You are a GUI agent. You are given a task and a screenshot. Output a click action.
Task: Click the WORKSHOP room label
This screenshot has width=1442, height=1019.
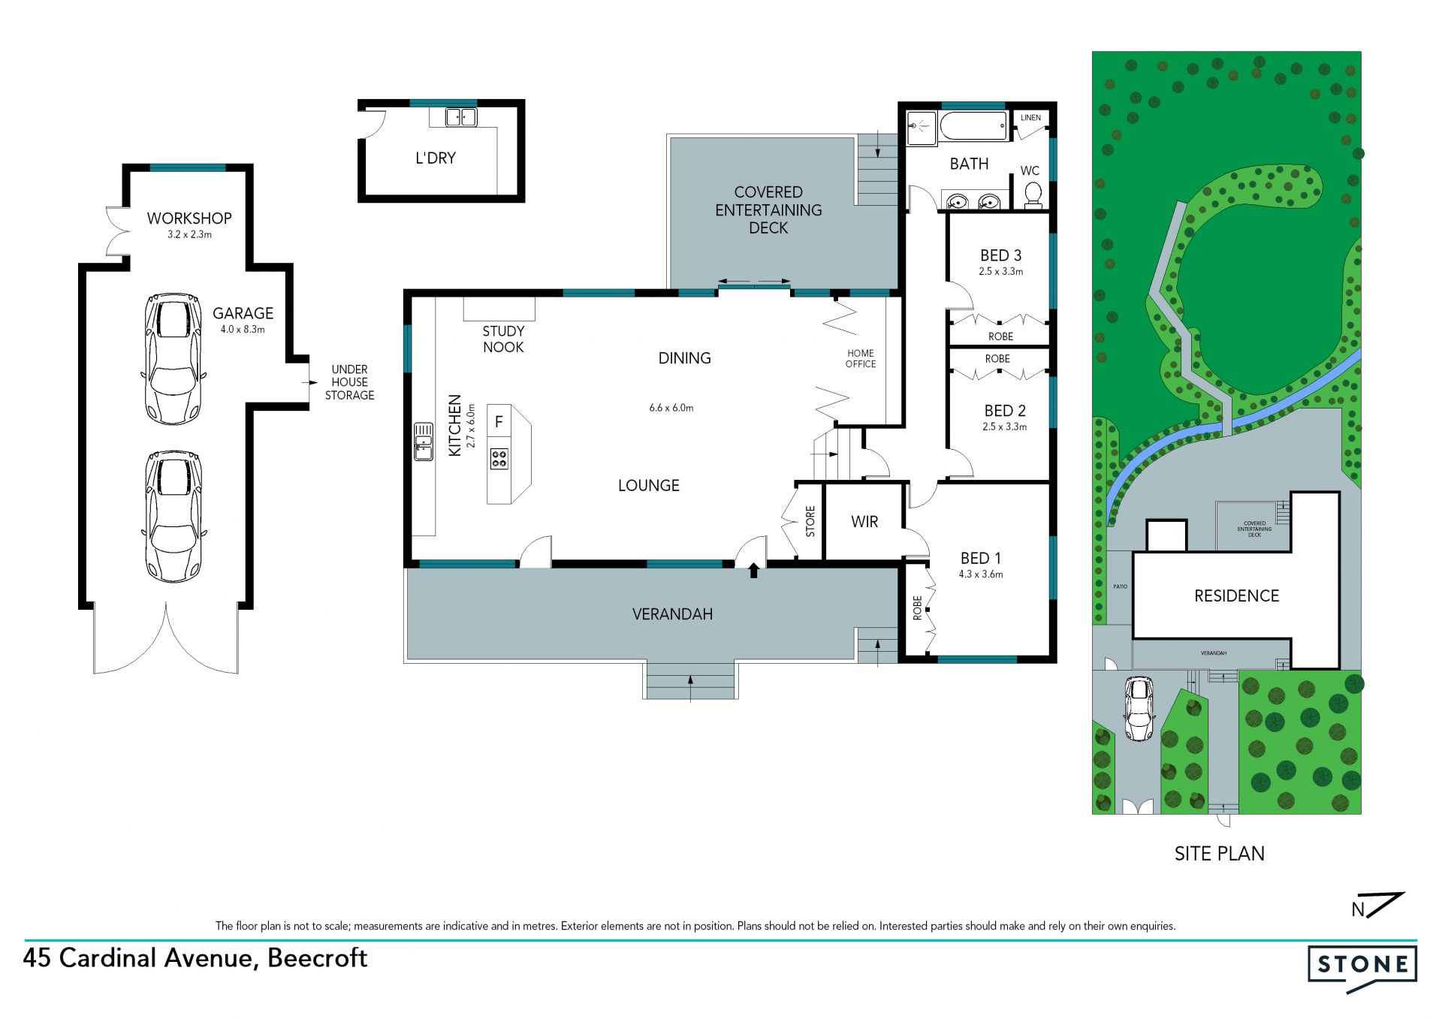point(189,219)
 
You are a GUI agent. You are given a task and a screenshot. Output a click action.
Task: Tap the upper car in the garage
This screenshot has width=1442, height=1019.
point(173,359)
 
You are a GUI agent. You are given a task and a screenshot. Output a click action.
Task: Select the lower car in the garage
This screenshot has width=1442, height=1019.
point(173,517)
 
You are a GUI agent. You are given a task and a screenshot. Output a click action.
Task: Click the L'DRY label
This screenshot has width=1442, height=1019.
point(436,158)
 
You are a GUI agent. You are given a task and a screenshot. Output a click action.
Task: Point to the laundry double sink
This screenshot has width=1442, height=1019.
point(461,117)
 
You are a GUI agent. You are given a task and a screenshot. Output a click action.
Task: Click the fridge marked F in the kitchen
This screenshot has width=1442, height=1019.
point(499,422)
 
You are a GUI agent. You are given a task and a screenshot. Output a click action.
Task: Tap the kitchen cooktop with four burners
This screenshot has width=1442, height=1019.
point(499,459)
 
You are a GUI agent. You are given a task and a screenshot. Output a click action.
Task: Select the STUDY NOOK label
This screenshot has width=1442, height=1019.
point(503,339)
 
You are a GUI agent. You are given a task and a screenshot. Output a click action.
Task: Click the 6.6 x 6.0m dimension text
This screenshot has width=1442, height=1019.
point(671,408)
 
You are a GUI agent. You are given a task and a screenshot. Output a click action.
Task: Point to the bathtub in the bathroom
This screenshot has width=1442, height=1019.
point(973,126)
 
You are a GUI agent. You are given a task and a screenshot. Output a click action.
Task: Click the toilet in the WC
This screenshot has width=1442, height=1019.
point(1033,194)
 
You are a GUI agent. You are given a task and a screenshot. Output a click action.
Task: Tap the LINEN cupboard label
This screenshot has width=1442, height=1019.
point(1031,118)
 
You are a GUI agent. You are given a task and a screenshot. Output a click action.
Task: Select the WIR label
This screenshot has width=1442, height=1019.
point(864,522)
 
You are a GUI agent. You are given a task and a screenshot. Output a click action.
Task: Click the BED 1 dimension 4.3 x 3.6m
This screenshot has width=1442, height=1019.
point(981,574)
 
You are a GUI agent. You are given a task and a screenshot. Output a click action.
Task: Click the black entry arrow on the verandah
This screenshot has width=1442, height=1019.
point(753,571)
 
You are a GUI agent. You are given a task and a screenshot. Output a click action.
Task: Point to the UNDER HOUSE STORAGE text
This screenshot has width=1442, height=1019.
point(350,382)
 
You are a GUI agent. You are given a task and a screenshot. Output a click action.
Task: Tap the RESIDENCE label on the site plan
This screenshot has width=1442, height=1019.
point(1236,596)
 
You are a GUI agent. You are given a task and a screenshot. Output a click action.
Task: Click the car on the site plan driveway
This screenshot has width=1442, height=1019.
point(1139,709)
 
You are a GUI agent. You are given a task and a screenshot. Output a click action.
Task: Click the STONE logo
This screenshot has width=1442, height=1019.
point(1362,968)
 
